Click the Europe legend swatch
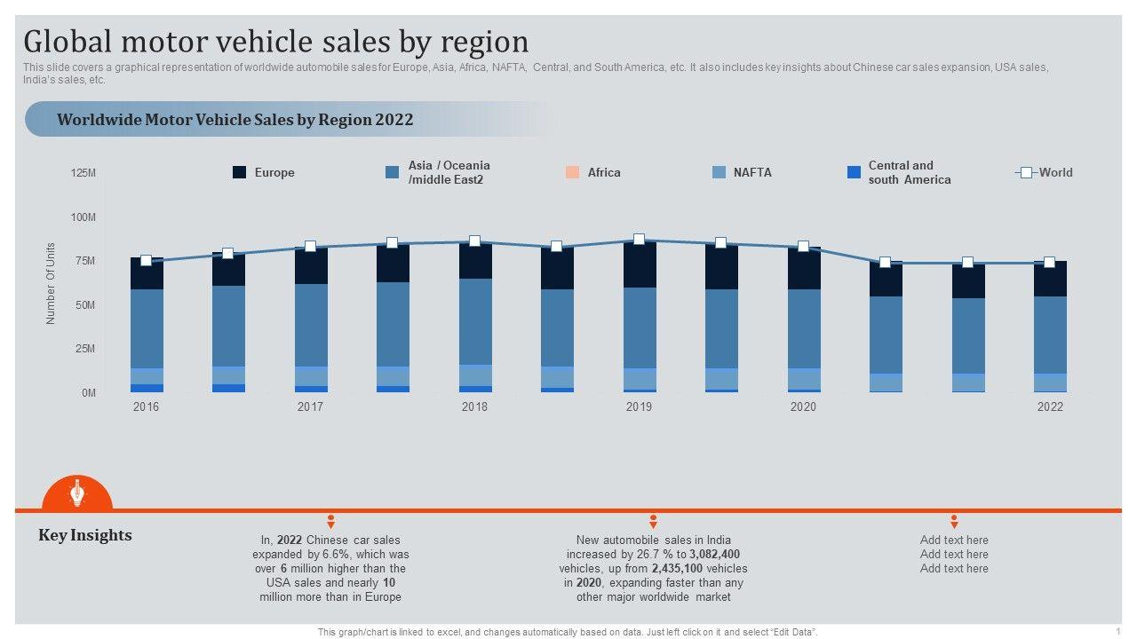[x=240, y=172]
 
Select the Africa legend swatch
[x=573, y=172]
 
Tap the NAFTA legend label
[x=752, y=172]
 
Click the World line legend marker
[x=1026, y=172]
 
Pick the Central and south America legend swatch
[x=855, y=172]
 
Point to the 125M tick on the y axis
[x=83, y=173]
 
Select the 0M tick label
[x=89, y=392]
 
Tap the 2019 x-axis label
[x=639, y=406]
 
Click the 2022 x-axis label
[x=1050, y=406]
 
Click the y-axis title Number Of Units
[x=51, y=283]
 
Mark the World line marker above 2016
[x=147, y=261]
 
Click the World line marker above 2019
[x=639, y=239]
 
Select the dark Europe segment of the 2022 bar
[x=1050, y=279]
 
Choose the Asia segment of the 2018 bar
[x=474, y=321]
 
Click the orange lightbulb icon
[x=77, y=493]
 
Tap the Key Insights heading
[x=85, y=535]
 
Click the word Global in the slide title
[x=68, y=42]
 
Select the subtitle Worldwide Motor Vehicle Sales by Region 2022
[x=235, y=119]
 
